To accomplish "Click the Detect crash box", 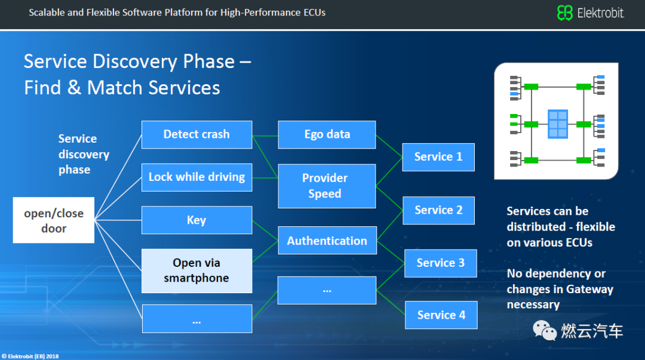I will [x=196, y=134].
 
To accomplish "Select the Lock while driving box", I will [x=196, y=177].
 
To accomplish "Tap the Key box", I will [x=196, y=220].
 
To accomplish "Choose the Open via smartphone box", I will [x=196, y=270].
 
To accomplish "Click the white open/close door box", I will [x=54, y=220].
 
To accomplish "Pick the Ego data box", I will [x=327, y=134].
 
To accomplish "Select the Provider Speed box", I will [x=327, y=186].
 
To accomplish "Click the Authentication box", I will [x=327, y=241].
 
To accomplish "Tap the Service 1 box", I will [x=438, y=157].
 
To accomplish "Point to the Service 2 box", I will [x=438, y=210].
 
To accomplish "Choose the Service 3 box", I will [x=440, y=263].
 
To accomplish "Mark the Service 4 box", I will [x=441, y=315].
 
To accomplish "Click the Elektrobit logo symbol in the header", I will [x=564, y=13].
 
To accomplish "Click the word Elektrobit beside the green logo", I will [x=600, y=13].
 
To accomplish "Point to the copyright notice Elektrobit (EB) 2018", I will [x=30, y=356].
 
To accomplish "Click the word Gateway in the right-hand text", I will [x=589, y=289].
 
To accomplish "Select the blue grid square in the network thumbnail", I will [x=558, y=124].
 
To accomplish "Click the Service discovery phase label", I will [x=84, y=154].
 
